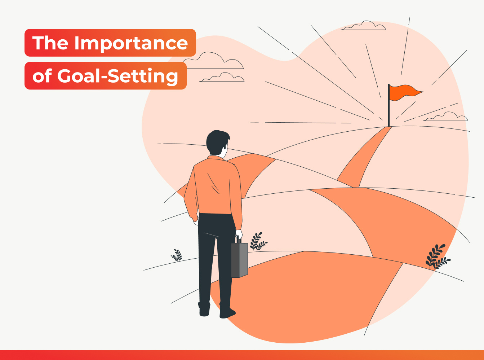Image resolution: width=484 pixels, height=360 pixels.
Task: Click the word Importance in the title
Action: (x=131, y=43)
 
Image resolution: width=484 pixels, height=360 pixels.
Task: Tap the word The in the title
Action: (x=50, y=43)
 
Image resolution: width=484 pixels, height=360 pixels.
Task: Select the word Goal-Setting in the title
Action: (x=117, y=76)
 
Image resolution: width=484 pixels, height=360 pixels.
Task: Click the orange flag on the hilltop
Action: (x=405, y=92)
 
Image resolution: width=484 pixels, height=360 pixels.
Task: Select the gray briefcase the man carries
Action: (x=239, y=260)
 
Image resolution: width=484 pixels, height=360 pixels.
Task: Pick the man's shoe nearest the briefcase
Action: (x=227, y=312)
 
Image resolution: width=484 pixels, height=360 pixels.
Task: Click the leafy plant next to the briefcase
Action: (x=258, y=242)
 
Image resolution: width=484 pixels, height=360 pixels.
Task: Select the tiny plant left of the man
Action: (x=177, y=255)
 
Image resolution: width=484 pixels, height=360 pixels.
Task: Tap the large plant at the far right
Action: (x=437, y=257)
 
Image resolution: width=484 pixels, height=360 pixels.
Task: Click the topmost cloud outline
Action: (x=364, y=26)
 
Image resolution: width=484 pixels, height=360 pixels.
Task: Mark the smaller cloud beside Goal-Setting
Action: (x=222, y=77)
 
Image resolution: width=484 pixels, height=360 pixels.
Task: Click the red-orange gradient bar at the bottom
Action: (x=242, y=355)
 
